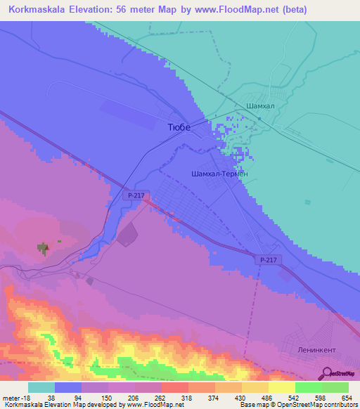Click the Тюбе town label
pyautogui.click(x=179, y=127)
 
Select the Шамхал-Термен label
pyautogui.click(x=219, y=173)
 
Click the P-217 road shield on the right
pyautogui.click(x=269, y=260)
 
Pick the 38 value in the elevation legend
pyautogui.click(x=52, y=396)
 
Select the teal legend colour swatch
pyautogui.click(x=41, y=387)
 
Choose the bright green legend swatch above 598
pyautogui.click(x=308, y=387)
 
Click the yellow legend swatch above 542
pyautogui.click(x=281, y=387)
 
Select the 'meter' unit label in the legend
pyautogui.click(x=13, y=396)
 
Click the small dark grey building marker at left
pyautogui.click(x=44, y=247)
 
